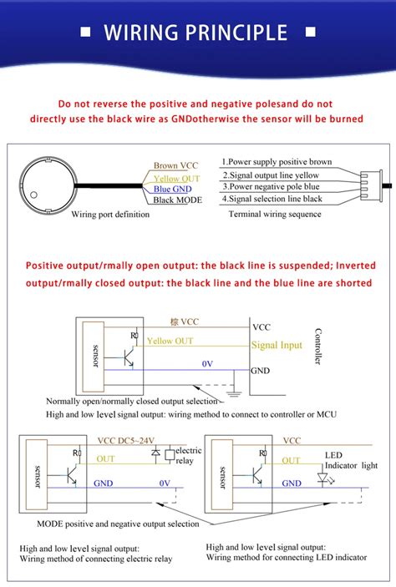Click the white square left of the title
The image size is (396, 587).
85,33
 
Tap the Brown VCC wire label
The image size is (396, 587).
176,166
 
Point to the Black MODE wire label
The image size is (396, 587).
177,200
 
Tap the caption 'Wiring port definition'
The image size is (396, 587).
110,215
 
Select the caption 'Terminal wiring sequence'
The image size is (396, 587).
274,215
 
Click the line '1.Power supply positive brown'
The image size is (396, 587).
277,162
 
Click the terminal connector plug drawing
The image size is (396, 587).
368,181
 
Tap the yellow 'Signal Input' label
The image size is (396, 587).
277,345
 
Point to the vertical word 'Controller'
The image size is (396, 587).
317,346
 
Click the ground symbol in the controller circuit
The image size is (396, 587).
236,389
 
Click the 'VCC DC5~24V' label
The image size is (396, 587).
124,441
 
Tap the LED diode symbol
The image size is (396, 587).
322,478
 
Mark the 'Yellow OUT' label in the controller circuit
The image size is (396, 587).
170,341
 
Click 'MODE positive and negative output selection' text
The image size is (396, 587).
118,524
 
